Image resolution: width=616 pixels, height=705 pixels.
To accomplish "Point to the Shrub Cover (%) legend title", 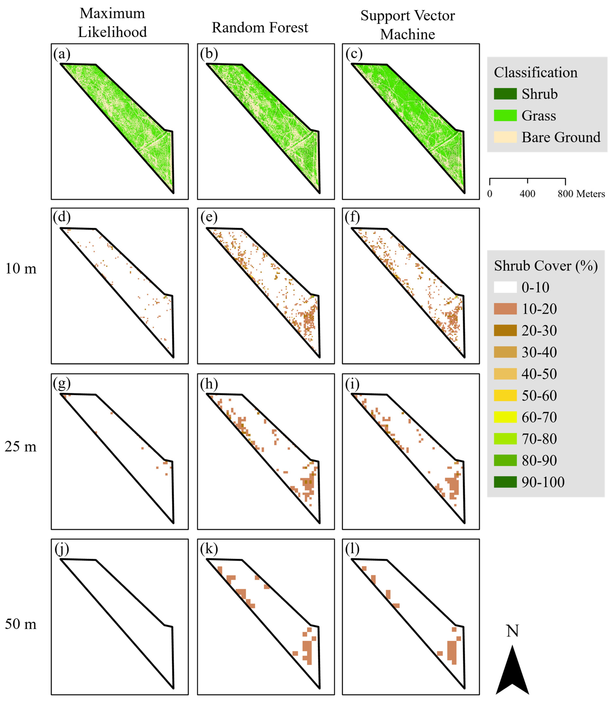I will point(546,266).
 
